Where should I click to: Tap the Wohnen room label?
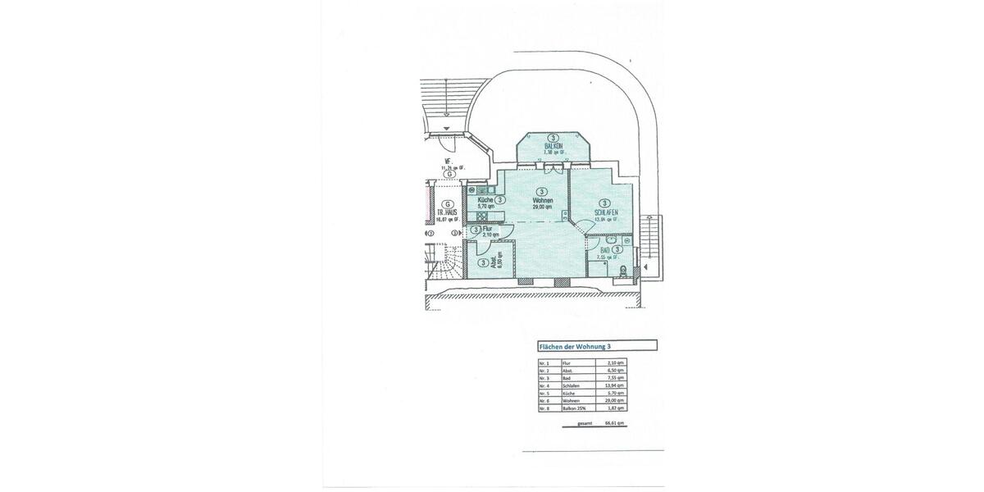pos(542,201)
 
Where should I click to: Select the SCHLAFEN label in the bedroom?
pos(606,212)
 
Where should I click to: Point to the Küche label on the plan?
pos(484,200)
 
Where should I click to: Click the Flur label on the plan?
pos(488,230)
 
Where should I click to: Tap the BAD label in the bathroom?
pos(605,249)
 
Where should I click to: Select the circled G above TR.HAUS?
pos(448,204)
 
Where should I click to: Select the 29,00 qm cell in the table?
pos(615,399)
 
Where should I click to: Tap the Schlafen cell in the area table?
pos(571,385)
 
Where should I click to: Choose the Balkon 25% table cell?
pos(574,407)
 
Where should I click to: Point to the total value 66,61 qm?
pos(615,423)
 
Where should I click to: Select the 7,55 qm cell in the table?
pos(615,377)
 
